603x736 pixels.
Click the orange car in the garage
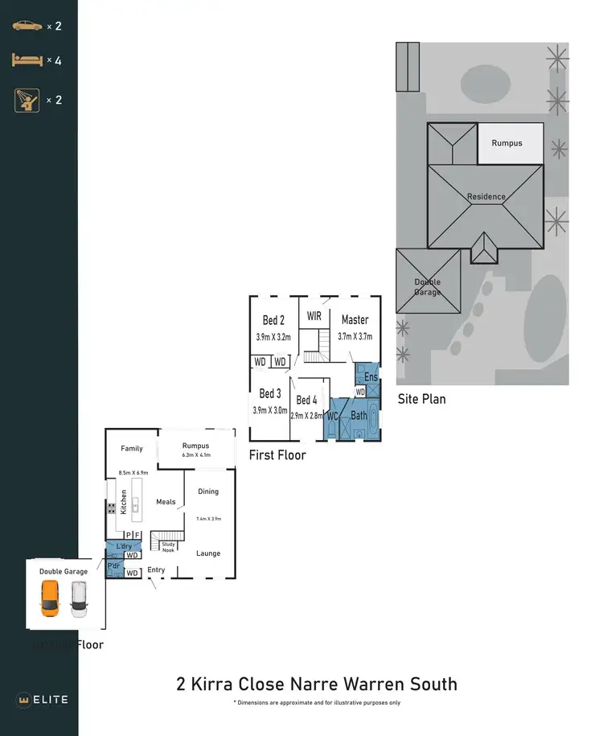coord(50,599)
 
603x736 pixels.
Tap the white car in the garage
coord(78,599)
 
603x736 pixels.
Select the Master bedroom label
coord(355,319)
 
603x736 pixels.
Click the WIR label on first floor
coord(314,316)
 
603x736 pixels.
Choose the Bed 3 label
coord(270,393)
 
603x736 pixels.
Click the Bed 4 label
coord(306,400)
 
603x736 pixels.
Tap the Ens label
coord(370,376)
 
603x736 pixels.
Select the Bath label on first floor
coord(359,415)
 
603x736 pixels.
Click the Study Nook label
coord(168,547)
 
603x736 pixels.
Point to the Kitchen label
coord(124,503)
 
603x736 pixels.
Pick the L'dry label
coord(123,547)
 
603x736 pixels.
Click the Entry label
coord(156,570)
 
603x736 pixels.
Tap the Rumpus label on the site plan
coord(507,143)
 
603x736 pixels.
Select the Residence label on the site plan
coord(486,196)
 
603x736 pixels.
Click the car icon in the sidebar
coord(27,26)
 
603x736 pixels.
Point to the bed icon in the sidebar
coord(27,60)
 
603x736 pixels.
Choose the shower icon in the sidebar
coord(27,100)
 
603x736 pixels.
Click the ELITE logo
coord(43,699)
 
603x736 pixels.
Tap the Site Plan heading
coord(421,399)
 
